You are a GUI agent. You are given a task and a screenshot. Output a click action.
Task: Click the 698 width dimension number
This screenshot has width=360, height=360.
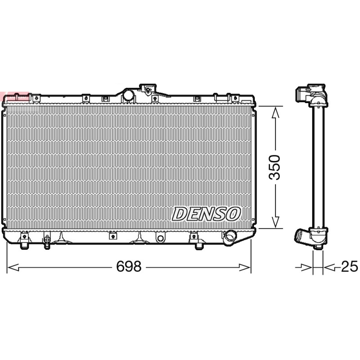point(129,267)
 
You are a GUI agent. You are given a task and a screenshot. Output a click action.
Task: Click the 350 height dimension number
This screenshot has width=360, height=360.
point(274,167)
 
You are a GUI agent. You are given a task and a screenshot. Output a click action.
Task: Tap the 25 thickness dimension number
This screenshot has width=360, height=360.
point(350,266)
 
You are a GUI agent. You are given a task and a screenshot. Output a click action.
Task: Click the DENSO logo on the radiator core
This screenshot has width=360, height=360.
point(206,214)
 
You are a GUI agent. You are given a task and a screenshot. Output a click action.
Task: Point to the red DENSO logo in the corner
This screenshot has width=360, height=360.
point(15,97)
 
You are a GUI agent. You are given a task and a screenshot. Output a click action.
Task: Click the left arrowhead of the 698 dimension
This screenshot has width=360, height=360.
point(13,267)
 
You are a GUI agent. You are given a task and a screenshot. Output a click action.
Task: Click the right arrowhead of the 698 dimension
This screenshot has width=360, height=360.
point(245,267)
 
